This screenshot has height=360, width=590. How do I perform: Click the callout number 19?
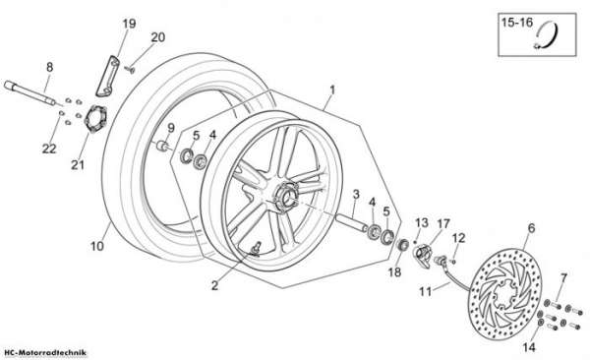[x=129, y=25]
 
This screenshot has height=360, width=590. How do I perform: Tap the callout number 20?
[x=158, y=37]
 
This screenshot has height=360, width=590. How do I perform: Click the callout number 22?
[x=49, y=149]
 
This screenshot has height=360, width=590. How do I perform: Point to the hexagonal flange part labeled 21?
[x=95, y=119]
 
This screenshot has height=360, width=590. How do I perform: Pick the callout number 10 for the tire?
[x=96, y=246]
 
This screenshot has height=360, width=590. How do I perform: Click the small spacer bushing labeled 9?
[x=163, y=146]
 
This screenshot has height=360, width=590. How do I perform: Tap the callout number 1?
[x=332, y=90]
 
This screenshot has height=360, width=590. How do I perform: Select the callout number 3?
[x=356, y=195]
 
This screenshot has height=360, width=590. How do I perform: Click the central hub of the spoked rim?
[x=287, y=195]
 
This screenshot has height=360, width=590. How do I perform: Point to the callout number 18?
[x=394, y=272]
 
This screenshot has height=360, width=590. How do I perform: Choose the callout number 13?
[x=422, y=223]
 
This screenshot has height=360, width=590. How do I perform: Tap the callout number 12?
[x=458, y=238]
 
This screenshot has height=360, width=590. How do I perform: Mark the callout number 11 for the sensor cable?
[x=426, y=292]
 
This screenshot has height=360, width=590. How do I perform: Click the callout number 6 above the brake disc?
[x=531, y=228]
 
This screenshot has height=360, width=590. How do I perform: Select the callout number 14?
[x=529, y=347]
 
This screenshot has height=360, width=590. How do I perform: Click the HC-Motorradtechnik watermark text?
[x=45, y=353]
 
